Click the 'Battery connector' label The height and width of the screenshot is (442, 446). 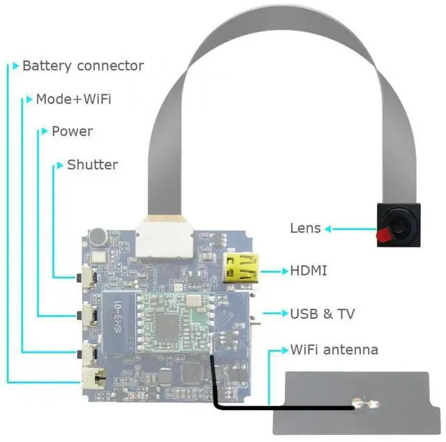[83, 66]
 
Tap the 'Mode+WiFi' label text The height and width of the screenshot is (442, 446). [73, 99]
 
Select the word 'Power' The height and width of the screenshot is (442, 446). [72, 131]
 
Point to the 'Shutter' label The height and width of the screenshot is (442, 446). [92, 165]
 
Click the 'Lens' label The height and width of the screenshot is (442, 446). [305, 228]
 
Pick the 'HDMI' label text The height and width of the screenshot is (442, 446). [308, 270]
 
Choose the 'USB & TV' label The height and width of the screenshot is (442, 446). [322, 314]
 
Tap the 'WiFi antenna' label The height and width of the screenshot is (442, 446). [334, 349]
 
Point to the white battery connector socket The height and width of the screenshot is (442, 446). [91, 379]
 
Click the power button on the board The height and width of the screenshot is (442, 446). [89, 315]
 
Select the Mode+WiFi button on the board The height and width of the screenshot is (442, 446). [89, 353]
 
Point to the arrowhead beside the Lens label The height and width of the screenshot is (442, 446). [328, 228]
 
